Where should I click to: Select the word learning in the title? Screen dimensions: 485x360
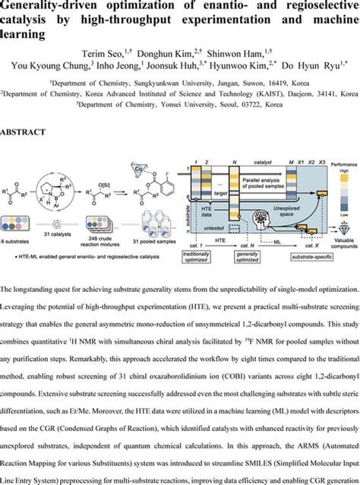click(23, 34)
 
